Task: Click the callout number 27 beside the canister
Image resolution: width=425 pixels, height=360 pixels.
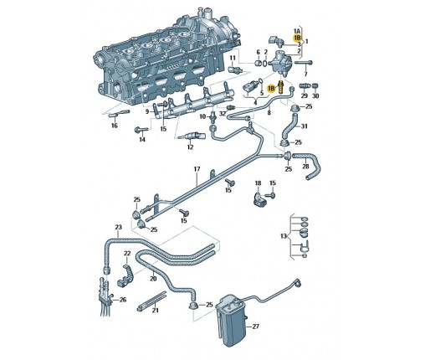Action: tap(255, 327)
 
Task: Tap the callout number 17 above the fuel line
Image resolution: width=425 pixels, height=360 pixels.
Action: tap(197, 169)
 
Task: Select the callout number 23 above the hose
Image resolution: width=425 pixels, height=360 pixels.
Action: tap(119, 227)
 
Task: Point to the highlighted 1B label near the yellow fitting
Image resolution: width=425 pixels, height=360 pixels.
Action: tap(271, 89)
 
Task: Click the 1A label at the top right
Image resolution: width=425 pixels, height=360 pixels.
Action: tap(297, 31)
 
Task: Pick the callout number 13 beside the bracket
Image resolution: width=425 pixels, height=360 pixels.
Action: tap(284, 236)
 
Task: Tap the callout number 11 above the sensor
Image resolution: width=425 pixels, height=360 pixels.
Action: tap(233, 58)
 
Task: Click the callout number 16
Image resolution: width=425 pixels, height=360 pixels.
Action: tap(115, 126)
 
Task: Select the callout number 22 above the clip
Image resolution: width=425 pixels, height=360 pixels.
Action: tap(127, 254)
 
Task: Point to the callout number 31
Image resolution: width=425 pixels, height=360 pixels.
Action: tap(304, 126)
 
